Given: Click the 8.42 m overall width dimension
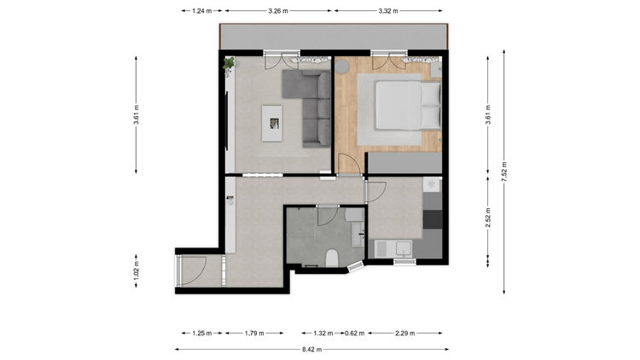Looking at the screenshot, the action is coord(311,350).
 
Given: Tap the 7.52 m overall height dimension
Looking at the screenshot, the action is coord(504,171).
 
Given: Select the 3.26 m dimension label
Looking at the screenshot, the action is coord(278,11).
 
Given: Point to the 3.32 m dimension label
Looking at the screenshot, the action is coord(388,11).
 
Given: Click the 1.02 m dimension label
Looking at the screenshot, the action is coord(137,270).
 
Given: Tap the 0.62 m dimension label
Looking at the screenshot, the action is coord(355,333).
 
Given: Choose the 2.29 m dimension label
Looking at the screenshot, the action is coord(404,333).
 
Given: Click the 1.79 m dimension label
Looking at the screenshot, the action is coord(254,333).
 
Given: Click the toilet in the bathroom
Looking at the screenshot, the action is coord(332,258).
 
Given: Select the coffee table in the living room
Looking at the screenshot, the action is coord(272,123).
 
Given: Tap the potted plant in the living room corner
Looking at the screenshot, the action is coord(229,64).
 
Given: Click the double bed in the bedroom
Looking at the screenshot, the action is coord(408,106).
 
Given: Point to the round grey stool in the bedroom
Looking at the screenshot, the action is coord(341,67).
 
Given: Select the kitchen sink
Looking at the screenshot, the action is coord(403,248).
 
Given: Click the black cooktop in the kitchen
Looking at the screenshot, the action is coord(433,219).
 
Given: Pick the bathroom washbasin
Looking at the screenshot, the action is coord(358,235).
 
